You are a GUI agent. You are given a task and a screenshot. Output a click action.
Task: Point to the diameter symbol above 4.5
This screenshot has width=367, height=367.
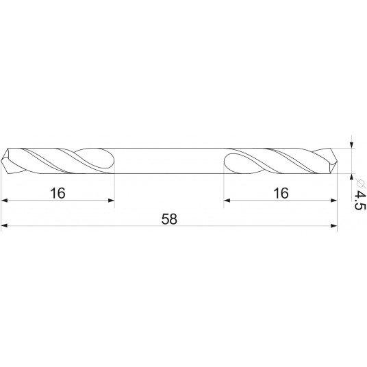pyautogui.click(x=357, y=180)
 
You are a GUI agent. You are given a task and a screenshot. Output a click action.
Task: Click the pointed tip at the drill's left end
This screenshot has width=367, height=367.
pyautogui.click(x=4, y=160)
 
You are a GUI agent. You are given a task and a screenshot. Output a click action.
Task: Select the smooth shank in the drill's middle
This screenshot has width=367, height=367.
pyautogui.click(x=169, y=160)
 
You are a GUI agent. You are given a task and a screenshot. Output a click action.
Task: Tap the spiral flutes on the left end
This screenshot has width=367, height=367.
pyautogui.click(x=58, y=160)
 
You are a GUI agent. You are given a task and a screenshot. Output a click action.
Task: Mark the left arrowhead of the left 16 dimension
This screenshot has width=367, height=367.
pyautogui.click(x=5, y=201)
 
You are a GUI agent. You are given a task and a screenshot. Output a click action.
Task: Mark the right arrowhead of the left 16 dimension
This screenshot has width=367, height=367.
pyautogui.click(x=110, y=201)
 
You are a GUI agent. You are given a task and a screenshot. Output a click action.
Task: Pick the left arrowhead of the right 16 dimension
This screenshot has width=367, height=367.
pyautogui.click(x=228, y=201)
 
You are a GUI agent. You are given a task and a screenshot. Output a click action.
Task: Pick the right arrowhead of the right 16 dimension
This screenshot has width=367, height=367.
pyautogui.click(x=334, y=201)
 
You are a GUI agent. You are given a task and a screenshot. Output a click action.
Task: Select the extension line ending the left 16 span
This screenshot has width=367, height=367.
pyautogui.click(x=114, y=188)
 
